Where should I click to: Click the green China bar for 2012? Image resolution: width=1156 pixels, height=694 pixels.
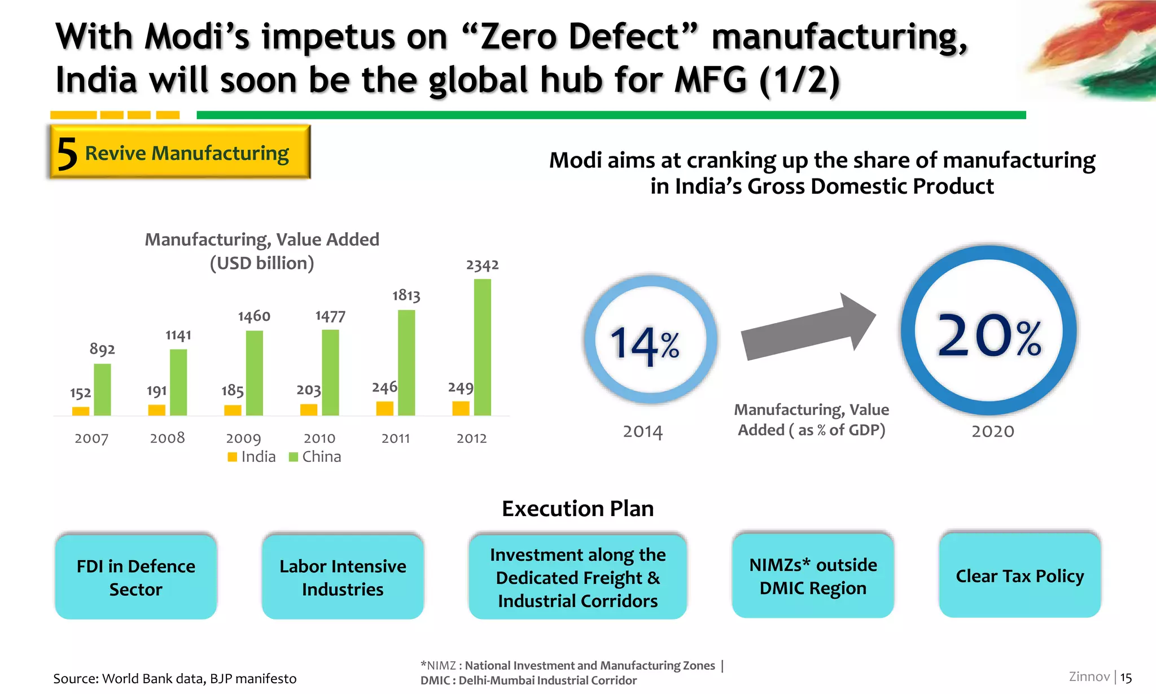[482, 347]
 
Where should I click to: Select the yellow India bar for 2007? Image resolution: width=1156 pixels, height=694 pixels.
[81, 411]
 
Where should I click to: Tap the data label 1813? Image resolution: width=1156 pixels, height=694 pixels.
[406, 295]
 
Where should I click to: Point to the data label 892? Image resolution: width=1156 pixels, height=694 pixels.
[102, 349]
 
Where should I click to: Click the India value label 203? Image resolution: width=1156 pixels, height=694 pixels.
[309, 390]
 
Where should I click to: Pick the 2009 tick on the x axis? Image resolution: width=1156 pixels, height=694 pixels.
[243, 439]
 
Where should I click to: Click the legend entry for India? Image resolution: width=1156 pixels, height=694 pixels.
[252, 457]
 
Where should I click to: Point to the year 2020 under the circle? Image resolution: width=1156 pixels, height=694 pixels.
[993, 431]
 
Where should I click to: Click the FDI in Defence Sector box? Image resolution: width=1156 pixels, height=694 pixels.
[136, 577]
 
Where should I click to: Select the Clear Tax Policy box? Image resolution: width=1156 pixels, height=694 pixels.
[1019, 576]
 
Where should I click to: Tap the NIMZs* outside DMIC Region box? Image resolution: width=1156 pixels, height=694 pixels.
[813, 576]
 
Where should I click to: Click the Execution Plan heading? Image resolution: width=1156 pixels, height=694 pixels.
[577, 508]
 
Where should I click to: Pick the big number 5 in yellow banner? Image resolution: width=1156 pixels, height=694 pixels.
[67, 154]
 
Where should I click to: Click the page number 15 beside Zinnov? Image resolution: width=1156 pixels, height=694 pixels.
[1126, 677]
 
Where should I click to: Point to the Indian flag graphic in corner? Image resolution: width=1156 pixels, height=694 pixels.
[1095, 51]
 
